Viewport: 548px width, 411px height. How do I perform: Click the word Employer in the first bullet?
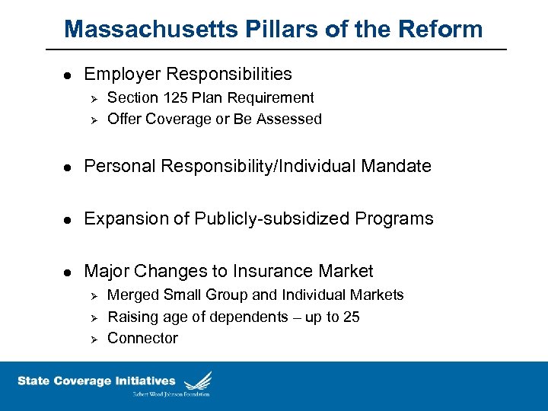pyautogui.click(x=121, y=74)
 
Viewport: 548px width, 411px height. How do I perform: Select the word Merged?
pyautogui.click(x=133, y=295)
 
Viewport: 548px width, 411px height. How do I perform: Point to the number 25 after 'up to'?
pyautogui.click(x=351, y=317)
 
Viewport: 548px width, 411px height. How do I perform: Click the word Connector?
pyautogui.click(x=142, y=338)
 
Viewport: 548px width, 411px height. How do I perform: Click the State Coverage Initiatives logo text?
pyautogui.click(x=96, y=381)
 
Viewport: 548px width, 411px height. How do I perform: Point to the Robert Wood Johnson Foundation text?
pyautogui.click(x=171, y=393)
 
